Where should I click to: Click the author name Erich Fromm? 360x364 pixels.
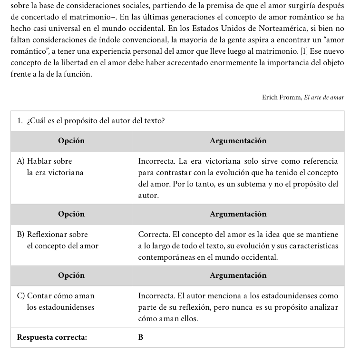281,98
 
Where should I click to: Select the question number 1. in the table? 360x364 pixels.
20,121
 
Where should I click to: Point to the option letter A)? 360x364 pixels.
21,161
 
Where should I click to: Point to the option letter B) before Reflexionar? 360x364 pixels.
21,235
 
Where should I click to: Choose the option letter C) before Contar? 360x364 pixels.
21,296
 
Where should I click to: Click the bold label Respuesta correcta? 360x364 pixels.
52,337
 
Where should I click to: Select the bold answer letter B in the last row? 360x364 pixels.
141,337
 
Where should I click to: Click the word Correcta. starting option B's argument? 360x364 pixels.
152,235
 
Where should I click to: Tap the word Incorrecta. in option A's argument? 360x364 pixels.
155,161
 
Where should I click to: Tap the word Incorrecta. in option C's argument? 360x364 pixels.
155,296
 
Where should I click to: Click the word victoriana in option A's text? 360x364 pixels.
67,172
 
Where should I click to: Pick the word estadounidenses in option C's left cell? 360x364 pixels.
60,307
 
